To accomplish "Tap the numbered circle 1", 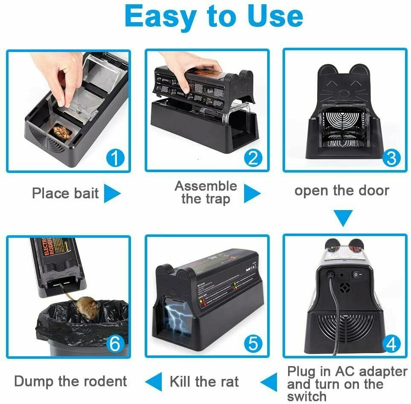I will coord(114,159).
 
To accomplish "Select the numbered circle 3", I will coord(391,159).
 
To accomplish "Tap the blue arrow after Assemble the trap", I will coord(252,194).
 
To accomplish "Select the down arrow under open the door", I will coord(343,218).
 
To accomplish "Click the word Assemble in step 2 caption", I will coord(206,186).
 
